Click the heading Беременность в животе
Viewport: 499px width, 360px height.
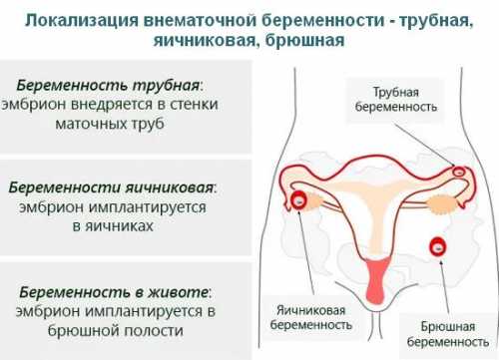click(x=114, y=292)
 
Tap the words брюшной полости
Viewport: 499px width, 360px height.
click(x=115, y=330)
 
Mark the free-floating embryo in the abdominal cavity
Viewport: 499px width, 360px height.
click(x=439, y=245)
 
